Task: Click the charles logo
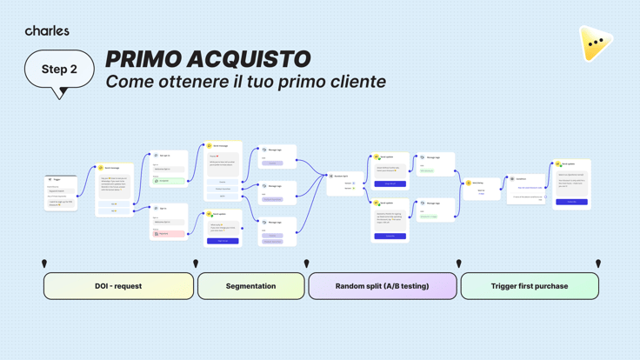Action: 47,30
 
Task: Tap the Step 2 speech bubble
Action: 59,70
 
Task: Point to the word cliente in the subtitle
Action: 351,82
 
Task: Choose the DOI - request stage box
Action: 118,286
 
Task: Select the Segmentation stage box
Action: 250,286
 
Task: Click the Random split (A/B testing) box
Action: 382,286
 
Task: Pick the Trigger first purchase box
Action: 529,286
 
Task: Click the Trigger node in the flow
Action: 61,192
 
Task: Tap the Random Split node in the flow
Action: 345,183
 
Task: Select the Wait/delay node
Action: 482,187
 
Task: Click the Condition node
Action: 527,187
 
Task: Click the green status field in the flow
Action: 170,181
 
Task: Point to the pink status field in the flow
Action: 170,233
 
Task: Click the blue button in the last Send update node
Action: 571,202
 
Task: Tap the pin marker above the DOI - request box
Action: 44,263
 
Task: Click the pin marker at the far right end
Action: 598,263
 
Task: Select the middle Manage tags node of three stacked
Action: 277,191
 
